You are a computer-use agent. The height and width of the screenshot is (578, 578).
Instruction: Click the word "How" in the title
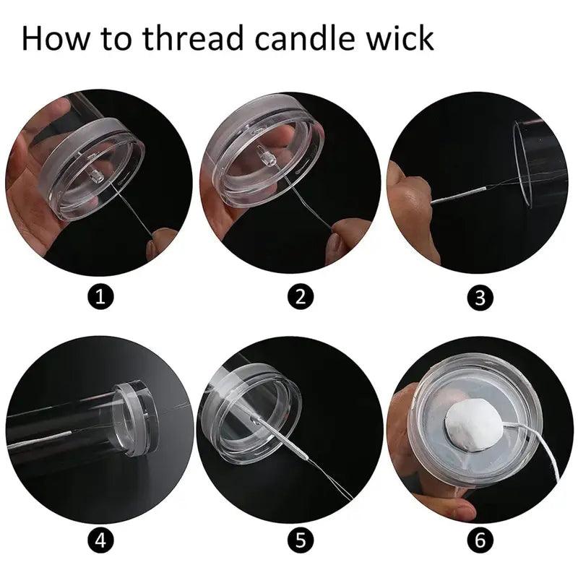pos(56,38)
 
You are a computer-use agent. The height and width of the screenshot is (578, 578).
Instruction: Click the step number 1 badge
pos(100,296)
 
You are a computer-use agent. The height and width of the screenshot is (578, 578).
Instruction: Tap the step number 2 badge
pos(300,296)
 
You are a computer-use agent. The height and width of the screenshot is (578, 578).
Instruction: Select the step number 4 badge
pos(100,540)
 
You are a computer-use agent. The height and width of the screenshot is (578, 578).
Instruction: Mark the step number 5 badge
pos(300,540)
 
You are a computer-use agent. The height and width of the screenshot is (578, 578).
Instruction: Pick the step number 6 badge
pos(480,540)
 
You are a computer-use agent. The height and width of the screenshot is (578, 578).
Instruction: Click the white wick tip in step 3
pos(459,195)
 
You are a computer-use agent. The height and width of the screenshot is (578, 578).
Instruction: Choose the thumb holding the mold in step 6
pos(446,506)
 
